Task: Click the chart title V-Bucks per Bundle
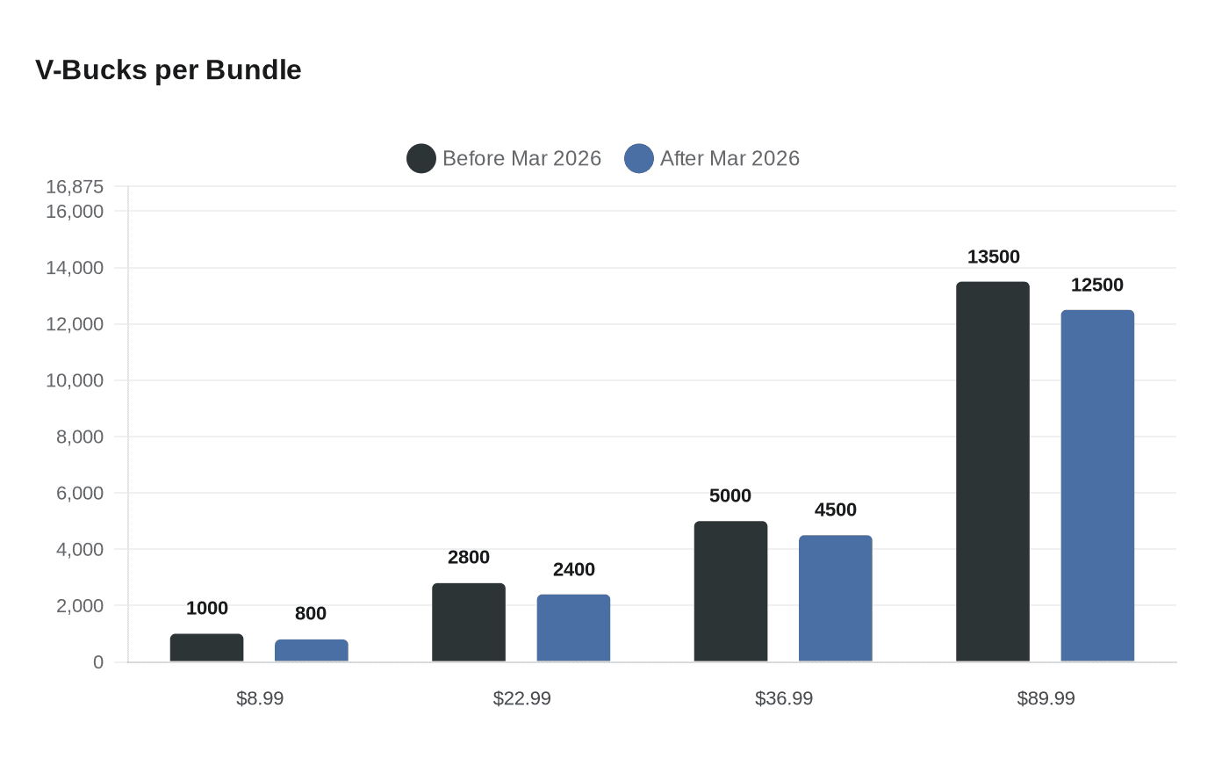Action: click(x=168, y=70)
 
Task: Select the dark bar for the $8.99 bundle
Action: click(x=206, y=648)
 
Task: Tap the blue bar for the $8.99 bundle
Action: click(x=311, y=651)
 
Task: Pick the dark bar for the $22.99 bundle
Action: click(x=469, y=623)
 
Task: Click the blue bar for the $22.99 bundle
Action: click(x=573, y=628)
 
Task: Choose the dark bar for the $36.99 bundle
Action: click(x=730, y=591)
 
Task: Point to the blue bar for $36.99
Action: click(x=835, y=598)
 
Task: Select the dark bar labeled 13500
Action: click(x=992, y=472)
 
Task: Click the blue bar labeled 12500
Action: click(x=1097, y=486)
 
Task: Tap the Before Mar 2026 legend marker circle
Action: click(x=421, y=159)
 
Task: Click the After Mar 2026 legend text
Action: click(x=729, y=159)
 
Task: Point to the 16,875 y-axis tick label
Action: click(x=75, y=187)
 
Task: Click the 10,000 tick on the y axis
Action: click(x=75, y=380)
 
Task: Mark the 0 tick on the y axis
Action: click(x=98, y=662)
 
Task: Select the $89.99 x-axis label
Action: click(x=1046, y=698)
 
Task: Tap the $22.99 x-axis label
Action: click(x=521, y=698)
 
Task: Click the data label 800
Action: click(x=311, y=613)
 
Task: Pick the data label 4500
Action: click(x=835, y=509)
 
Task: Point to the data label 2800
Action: click(x=469, y=557)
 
